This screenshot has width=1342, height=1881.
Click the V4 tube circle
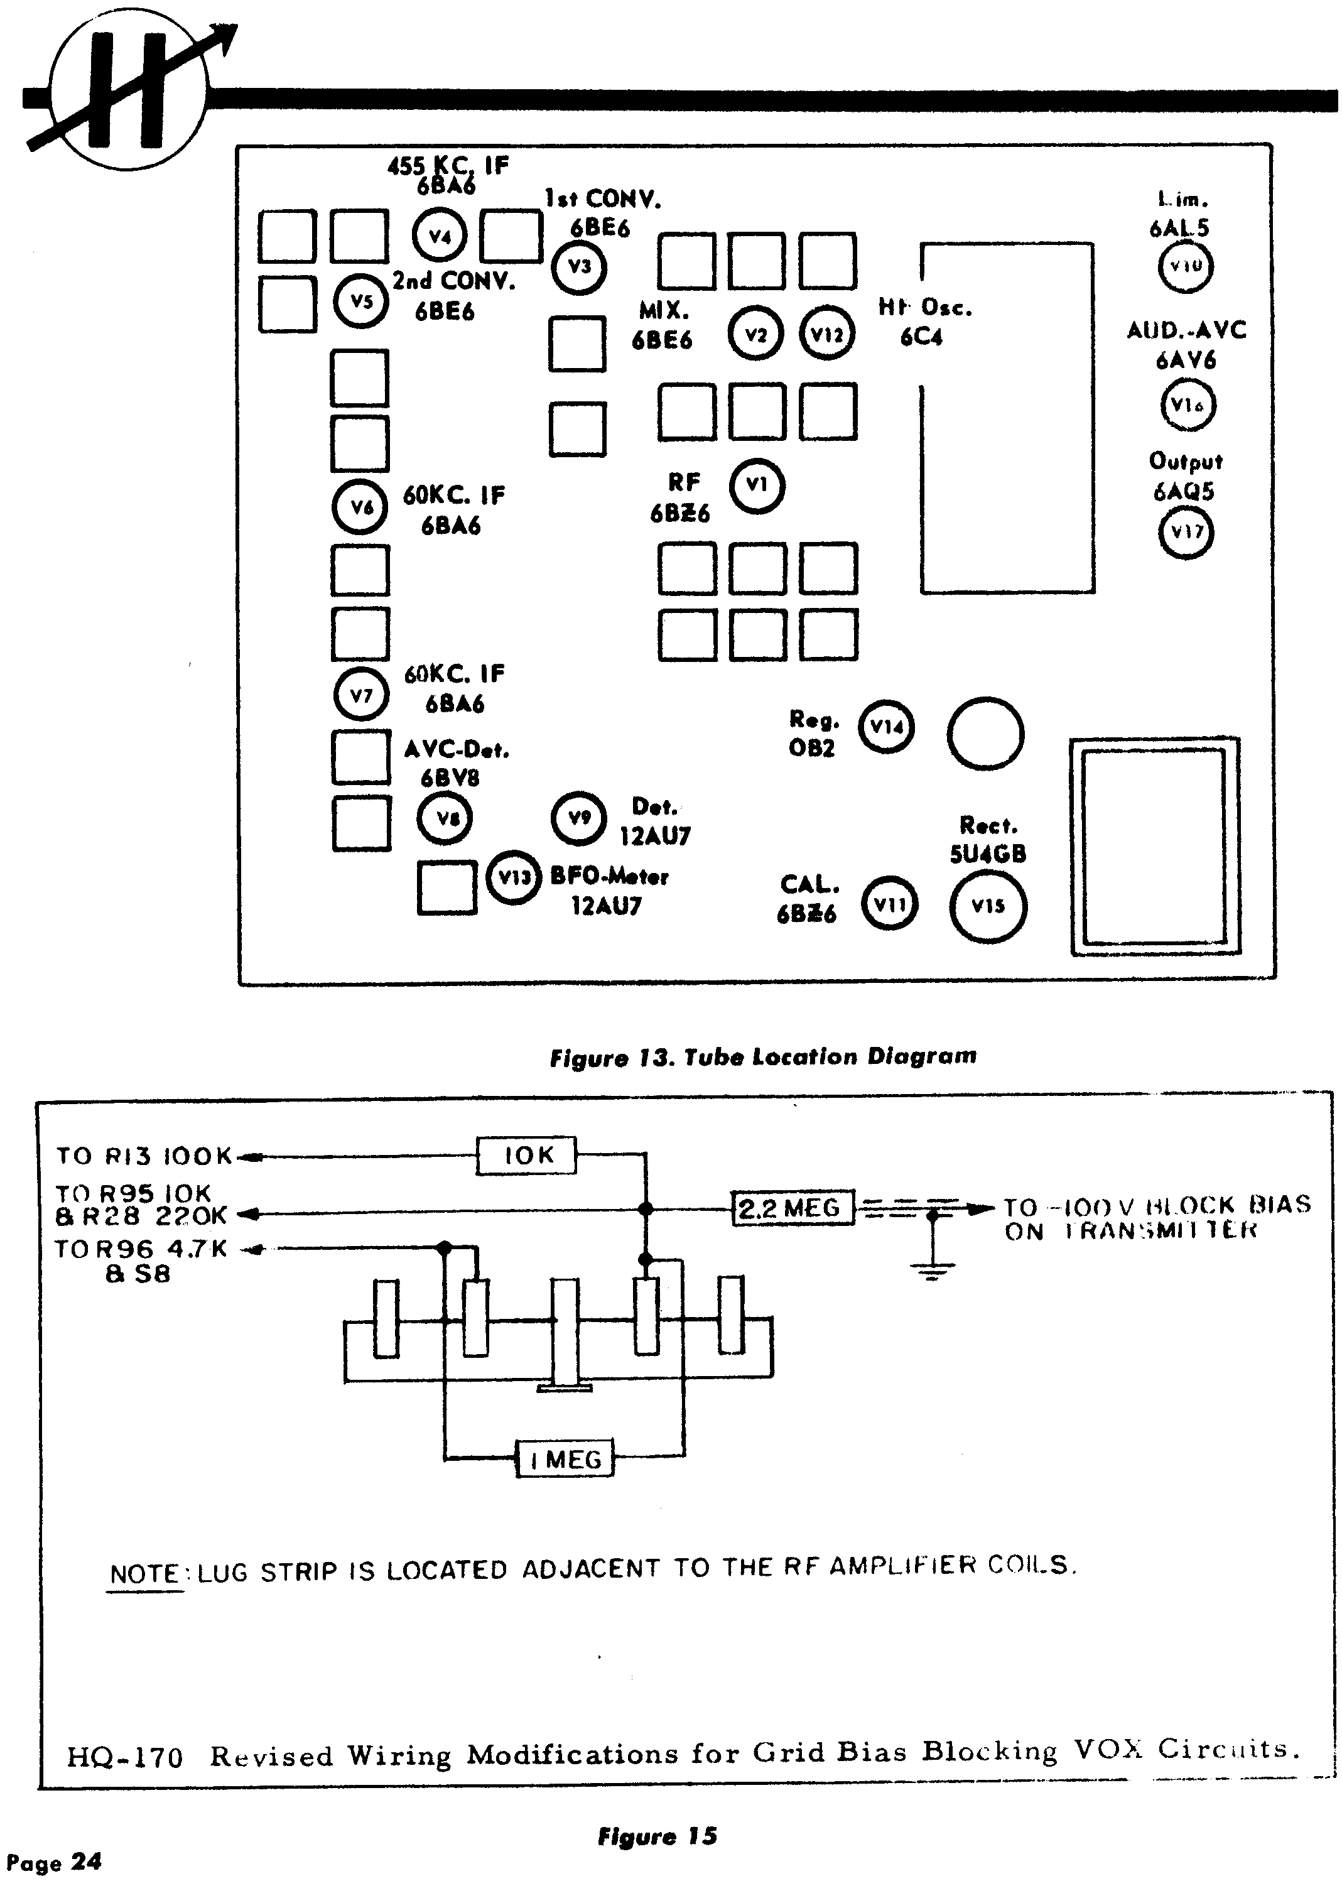point(440,236)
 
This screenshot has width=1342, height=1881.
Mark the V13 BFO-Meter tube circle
point(513,877)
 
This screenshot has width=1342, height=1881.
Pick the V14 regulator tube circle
point(887,727)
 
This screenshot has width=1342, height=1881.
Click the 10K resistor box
point(526,1156)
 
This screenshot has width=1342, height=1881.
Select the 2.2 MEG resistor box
point(793,1208)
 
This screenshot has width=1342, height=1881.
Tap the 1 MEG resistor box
point(565,1460)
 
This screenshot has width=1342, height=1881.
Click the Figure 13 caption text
point(763,1057)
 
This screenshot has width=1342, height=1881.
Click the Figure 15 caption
point(657,1836)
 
